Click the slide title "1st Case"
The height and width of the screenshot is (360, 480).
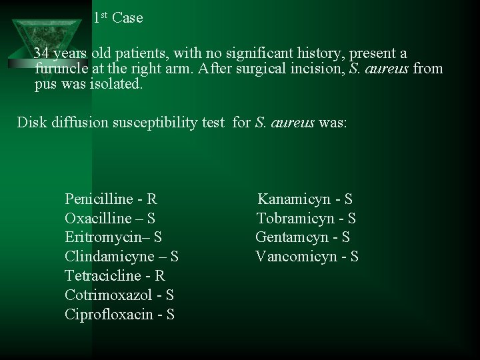[118, 18]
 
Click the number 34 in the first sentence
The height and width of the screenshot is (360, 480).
[41, 53]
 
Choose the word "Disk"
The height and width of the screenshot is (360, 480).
[31, 123]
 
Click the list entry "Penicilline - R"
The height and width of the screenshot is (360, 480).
[111, 199]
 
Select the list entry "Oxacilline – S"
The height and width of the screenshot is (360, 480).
[110, 218]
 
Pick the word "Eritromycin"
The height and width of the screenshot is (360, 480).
[105, 237]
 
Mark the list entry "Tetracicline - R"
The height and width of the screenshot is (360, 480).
[115, 276]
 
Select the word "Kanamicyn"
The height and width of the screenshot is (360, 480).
[294, 199]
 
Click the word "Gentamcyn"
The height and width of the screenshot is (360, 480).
[292, 237]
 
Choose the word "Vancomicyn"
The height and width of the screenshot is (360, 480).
[296, 257]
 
